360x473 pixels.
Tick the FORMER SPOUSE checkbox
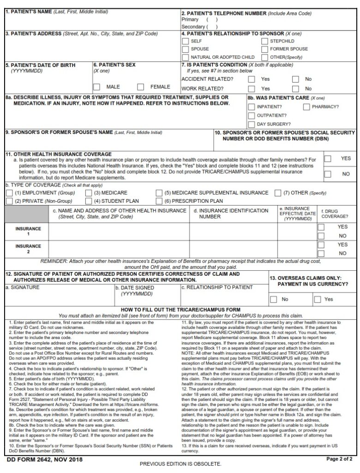pyautogui.click(x=264, y=49)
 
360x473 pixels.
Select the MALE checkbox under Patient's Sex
pyautogui.click(x=97, y=87)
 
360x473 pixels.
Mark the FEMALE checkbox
pyautogui.click(x=141, y=87)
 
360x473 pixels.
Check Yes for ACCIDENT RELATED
pyautogui.click(x=252, y=79)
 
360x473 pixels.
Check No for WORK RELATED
pyautogui.click(x=295, y=88)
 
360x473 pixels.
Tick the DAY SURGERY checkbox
pyautogui.click(x=252, y=124)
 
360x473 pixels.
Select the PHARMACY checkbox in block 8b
pyautogui.click(x=306, y=107)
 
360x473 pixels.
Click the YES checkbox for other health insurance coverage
pyautogui.click(x=328, y=159)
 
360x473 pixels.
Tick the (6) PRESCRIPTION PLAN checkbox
pyautogui.click(x=159, y=201)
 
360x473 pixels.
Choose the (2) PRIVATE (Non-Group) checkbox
pyautogui.click(x=9, y=201)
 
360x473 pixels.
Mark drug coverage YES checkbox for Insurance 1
pyautogui.click(x=321, y=227)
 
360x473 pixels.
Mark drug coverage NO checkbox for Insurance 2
pyautogui.click(x=321, y=253)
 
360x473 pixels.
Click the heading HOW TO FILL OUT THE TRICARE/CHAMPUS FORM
pyautogui.click(x=180, y=309)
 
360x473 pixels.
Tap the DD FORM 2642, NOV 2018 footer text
pyautogui.click(x=44, y=460)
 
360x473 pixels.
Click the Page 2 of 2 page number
pyautogui.click(x=339, y=459)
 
